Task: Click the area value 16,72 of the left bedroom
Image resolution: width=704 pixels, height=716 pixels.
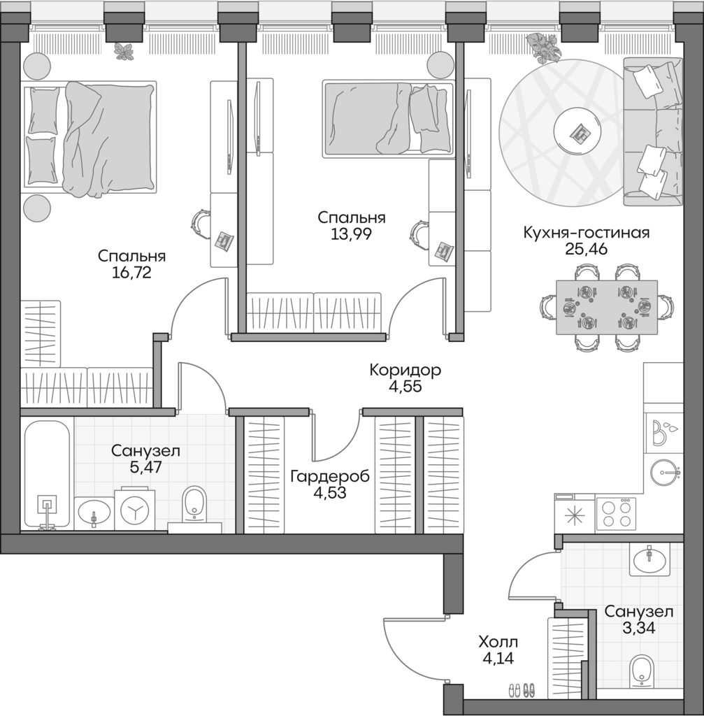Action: click(131, 273)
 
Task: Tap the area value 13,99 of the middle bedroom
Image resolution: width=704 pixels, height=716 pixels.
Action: click(350, 234)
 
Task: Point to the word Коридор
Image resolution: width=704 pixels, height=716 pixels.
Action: click(405, 370)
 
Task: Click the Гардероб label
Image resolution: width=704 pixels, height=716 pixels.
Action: click(330, 476)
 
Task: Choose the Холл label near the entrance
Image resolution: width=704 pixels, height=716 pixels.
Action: click(498, 642)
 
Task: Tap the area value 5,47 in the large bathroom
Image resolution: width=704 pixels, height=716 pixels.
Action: click(145, 468)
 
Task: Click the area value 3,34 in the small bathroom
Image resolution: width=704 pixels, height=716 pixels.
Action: click(638, 628)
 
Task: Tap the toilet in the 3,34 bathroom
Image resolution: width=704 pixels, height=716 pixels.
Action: click(641, 670)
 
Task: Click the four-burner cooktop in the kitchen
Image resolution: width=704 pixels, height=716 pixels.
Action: click(616, 513)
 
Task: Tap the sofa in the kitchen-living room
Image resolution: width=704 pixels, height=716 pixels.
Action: click(654, 133)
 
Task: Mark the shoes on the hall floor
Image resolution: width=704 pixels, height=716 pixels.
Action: click(520, 690)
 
